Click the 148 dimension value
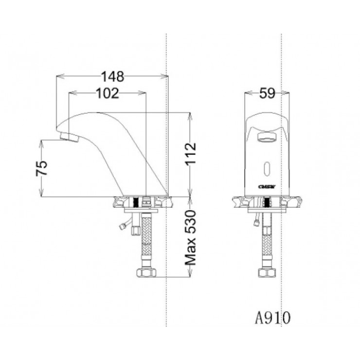click(x=112, y=76)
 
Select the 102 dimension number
click(x=108, y=93)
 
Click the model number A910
click(x=274, y=318)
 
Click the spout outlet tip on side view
click(x=69, y=137)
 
